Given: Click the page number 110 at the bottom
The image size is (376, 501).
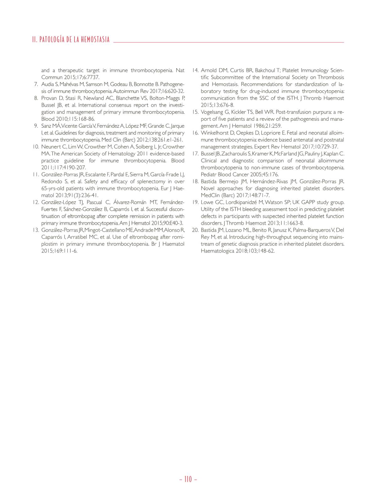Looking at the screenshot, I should pos(188,479).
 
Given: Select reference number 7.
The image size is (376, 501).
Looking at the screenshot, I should pos(36,84).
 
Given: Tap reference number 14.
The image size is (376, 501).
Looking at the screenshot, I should pos(195,70).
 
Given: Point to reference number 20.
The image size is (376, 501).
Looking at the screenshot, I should pos(195,230).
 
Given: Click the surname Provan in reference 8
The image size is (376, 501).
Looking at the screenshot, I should pos(49,98).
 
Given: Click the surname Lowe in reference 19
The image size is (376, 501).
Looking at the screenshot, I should pos(207,202).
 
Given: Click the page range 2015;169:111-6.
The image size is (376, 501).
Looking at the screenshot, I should pos(59,251).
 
